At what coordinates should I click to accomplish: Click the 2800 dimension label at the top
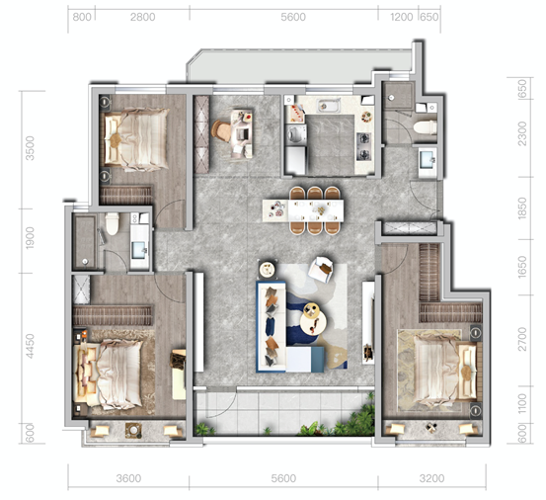click(x=142, y=17)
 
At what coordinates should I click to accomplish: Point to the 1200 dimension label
click(x=401, y=17)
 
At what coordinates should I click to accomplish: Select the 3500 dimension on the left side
click(x=31, y=148)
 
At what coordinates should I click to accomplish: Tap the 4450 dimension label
click(x=31, y=346)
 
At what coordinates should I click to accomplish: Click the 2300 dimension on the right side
click(x=522, y=133)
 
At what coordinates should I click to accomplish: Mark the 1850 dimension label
click(x=522, y=208)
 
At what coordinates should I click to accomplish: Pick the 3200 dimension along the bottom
click(x=431, y=478)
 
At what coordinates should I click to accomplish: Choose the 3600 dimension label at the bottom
click(x=128, y=478)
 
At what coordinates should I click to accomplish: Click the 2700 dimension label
click(x=522, y=339)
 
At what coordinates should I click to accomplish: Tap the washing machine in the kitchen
click(x=295, y=134)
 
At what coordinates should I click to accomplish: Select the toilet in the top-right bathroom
click(x=426, y=127)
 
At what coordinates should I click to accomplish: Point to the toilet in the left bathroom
click(x=113, y=224)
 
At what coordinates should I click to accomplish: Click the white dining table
click(x=303, y=210)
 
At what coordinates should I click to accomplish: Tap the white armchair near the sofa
click(x=321, y=269)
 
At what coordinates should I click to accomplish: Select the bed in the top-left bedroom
click(x=136, y=139)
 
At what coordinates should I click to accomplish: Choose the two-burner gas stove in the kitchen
click(x=364, y=146)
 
